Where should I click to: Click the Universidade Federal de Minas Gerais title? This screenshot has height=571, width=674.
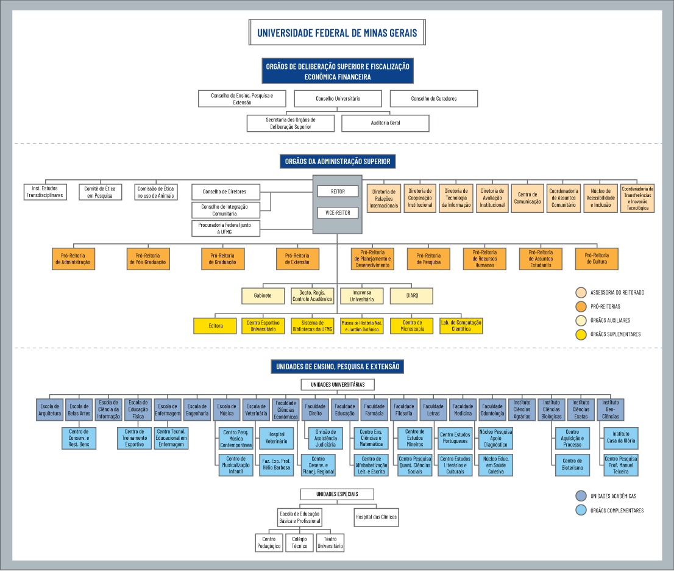pos(337,33)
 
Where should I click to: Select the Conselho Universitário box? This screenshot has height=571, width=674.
pos(338,98)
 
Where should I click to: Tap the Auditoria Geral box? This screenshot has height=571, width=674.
pos(385,123)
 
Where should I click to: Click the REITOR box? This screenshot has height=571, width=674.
pos(338,192)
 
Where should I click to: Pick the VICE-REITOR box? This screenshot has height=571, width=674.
pos(338,214)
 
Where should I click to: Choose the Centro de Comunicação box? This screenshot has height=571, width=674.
pos(527,198)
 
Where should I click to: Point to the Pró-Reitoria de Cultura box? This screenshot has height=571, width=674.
pos(596,259)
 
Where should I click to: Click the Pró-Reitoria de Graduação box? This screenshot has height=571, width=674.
pos(222,259)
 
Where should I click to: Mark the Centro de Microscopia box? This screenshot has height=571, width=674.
pos(412,326)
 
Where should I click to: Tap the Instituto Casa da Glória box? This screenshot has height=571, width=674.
pos(620,437)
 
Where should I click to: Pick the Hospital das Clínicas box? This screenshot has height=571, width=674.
pos(376,517)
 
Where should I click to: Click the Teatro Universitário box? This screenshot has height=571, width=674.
pos(330,543)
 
